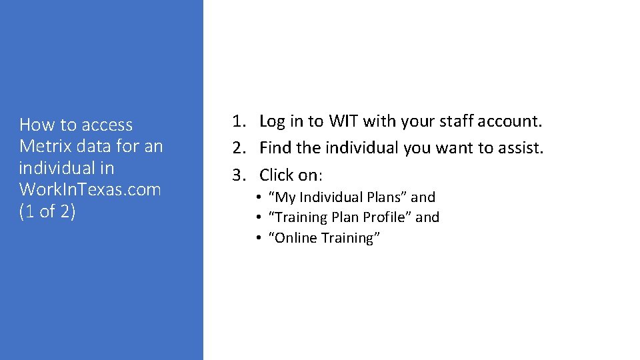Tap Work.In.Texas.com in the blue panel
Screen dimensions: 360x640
coord(90,189)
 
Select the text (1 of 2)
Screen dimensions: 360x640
coord(47,211)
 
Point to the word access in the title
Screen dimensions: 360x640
coord(107,125)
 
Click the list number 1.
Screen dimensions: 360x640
coord(238,121)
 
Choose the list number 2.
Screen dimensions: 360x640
coord(238,148)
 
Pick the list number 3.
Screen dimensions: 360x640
coord(238,175)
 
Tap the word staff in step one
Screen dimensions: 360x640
coord(448,121)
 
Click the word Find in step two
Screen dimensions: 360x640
coord(275,148)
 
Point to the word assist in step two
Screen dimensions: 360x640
coord(521,148)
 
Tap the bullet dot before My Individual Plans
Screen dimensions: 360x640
coord(257,197)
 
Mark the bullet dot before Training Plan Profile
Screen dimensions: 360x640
coord(257,217)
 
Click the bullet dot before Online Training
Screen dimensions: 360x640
coord(257,238)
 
